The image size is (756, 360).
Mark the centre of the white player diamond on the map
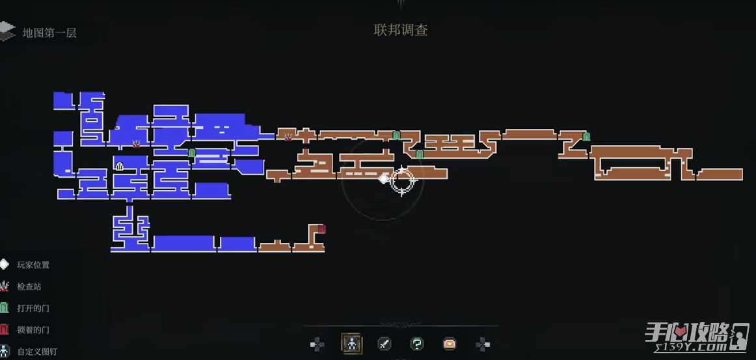click(x=383, y=179)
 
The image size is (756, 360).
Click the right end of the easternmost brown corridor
click(x=742, y=174)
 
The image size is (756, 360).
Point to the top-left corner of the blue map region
click(x=53, y=92)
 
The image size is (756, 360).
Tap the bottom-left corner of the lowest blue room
click(x=111, y=251)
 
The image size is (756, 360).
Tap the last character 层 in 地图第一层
click(x=72, y=33)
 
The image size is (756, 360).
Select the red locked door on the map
click(x=321, y=228)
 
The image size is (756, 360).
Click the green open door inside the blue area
click(x=191, y=154)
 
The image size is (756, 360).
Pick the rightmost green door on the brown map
click(x=586, y=137)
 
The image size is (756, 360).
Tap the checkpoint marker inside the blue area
click(x=137, y=143)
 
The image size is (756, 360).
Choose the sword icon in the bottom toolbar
click(x=384, y=344)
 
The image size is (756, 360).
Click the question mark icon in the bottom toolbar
click(x=417, y=344)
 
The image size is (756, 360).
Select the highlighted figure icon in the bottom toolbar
click(x=352, y=344)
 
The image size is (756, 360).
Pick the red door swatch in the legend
click(x=5, y=330)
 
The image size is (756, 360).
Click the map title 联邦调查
click(x=401, y=31)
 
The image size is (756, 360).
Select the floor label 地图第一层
click(x=49, y=33)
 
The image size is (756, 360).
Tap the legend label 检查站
click(x=29, y=286)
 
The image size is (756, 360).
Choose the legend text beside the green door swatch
click(x=33, y=309)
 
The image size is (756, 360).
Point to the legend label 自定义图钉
click(x=37, y=352)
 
